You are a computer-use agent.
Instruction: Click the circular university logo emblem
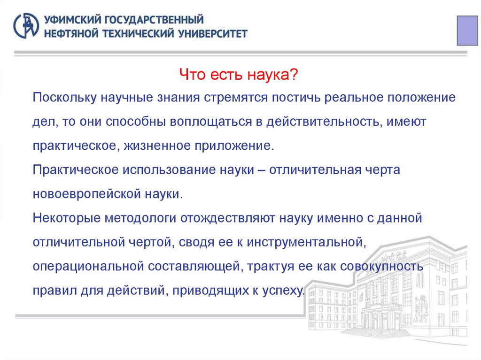coord(27,25)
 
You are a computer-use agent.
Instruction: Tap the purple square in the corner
coord(468,30)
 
